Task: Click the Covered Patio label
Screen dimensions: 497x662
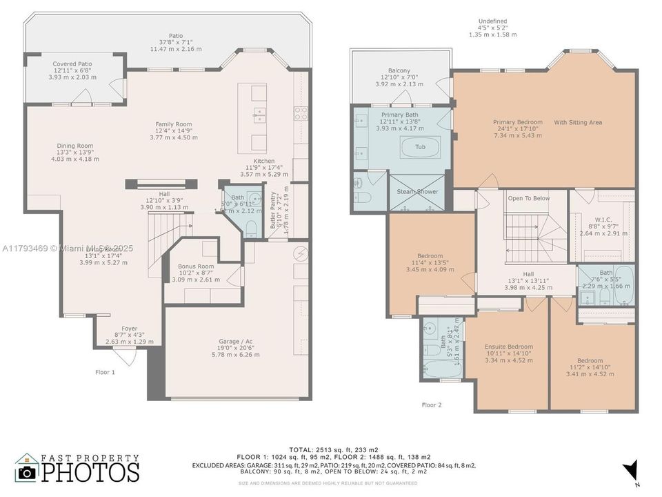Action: point(72,64)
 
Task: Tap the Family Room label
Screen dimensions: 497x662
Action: point(173,124)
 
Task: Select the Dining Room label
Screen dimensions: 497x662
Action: point(74,146)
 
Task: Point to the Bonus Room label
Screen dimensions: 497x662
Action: point(196,266)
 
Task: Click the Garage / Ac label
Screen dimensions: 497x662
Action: point(236,342)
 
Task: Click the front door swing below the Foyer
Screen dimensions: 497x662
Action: point(125,357)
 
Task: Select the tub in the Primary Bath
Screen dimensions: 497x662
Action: point(420,147)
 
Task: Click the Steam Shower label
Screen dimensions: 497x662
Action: point(417,191)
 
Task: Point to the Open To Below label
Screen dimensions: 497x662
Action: point(528,198)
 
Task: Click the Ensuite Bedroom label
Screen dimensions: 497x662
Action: point(509,347)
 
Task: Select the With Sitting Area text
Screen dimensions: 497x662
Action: point(578,122)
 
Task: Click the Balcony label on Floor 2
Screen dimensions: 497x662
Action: point(399,71)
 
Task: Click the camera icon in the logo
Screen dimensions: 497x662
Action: point(28,471)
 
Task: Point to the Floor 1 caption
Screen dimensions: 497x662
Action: point(105,372)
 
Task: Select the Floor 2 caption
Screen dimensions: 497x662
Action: point(432,405)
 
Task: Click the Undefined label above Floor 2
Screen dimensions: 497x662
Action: point(492,21)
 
